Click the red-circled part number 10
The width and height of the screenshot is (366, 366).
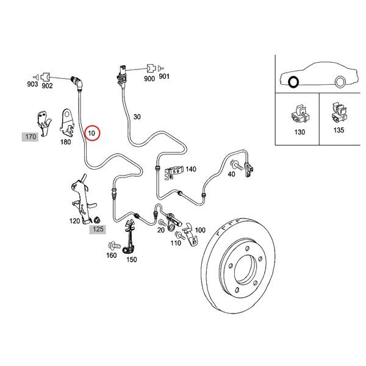(93, 132)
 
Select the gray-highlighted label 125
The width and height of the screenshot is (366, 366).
(98, 229)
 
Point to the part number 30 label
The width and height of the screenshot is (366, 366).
(137, 117)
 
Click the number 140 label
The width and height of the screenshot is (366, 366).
(190, 169)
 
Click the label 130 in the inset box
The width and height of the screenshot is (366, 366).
(299, 132)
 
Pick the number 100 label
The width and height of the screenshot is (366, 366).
(199, 230)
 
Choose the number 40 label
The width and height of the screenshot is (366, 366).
(231, 174)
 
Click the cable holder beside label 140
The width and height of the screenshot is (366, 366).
(174, 173)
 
